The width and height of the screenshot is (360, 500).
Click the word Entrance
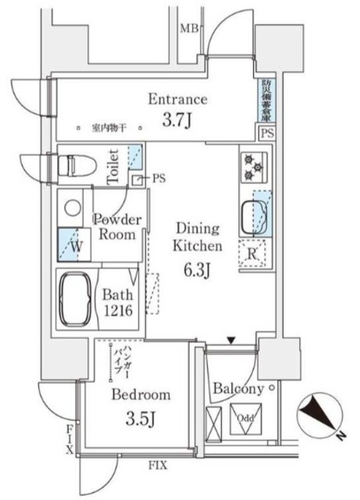pos(178,99)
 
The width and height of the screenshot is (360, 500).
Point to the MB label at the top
pos(189,30)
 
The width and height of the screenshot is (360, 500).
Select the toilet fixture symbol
pos(75,166)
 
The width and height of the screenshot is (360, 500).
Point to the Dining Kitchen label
pos(198,237)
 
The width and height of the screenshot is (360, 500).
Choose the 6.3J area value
pos(198,270)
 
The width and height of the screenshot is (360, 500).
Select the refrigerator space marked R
pos(254,252)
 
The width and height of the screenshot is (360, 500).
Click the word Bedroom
pos(141,395)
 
